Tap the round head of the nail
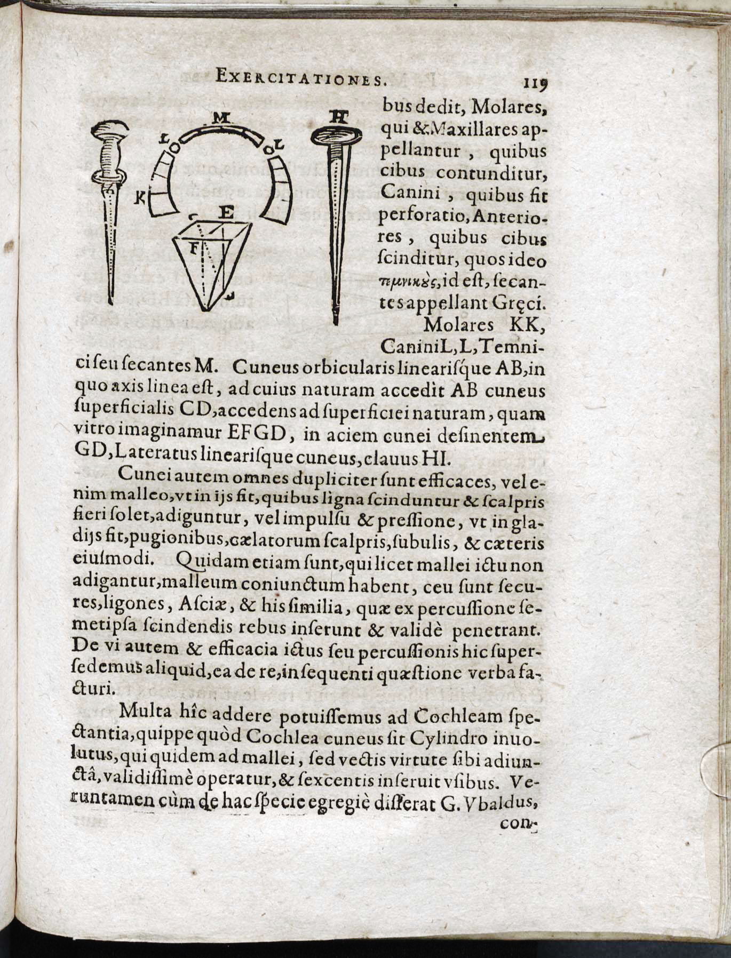(336, 137)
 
